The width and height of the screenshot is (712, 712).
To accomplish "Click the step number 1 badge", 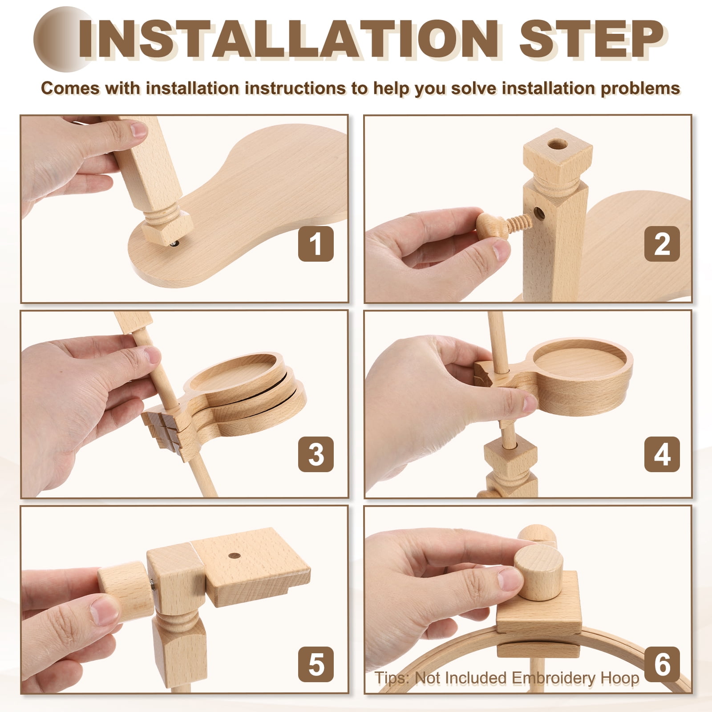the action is pyautogui.click(x=316, y=243).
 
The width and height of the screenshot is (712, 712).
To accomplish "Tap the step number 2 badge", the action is pyautogui.click(x=662, y=243).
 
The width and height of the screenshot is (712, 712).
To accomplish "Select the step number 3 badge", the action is pyautogui.click(x=316, y=454).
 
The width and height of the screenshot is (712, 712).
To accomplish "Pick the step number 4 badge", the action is pyautogui.click(x=662, y=454).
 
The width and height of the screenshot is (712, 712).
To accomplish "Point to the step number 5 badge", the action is pyautogui.click(x=316, y=664).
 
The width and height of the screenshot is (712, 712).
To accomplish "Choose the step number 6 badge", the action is pyautogui.click(x=662, y=664).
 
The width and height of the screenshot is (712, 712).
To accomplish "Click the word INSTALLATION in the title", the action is pyautogui.click(x=288, y=39).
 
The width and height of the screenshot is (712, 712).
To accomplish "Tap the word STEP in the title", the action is pyautogui.click(x=591, y=39).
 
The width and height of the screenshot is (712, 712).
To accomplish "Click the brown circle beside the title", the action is pyautogui.click(x=62, y=39).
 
